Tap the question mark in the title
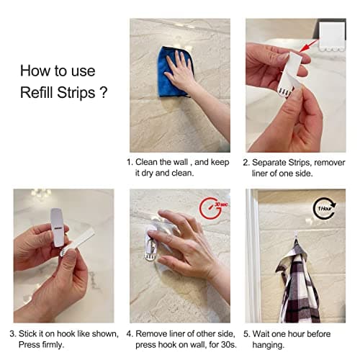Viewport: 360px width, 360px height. [x=105, y=94]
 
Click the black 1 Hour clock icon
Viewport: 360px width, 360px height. [x=325, y=209]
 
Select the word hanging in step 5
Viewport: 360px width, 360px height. [x=270, y=345]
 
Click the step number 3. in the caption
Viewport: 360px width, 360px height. [x=13, y=333]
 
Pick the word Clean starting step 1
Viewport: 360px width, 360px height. [x=150, y=163]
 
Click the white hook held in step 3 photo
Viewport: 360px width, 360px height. [x=57, y=228]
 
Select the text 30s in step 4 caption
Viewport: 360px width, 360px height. [x=220, y=345]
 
